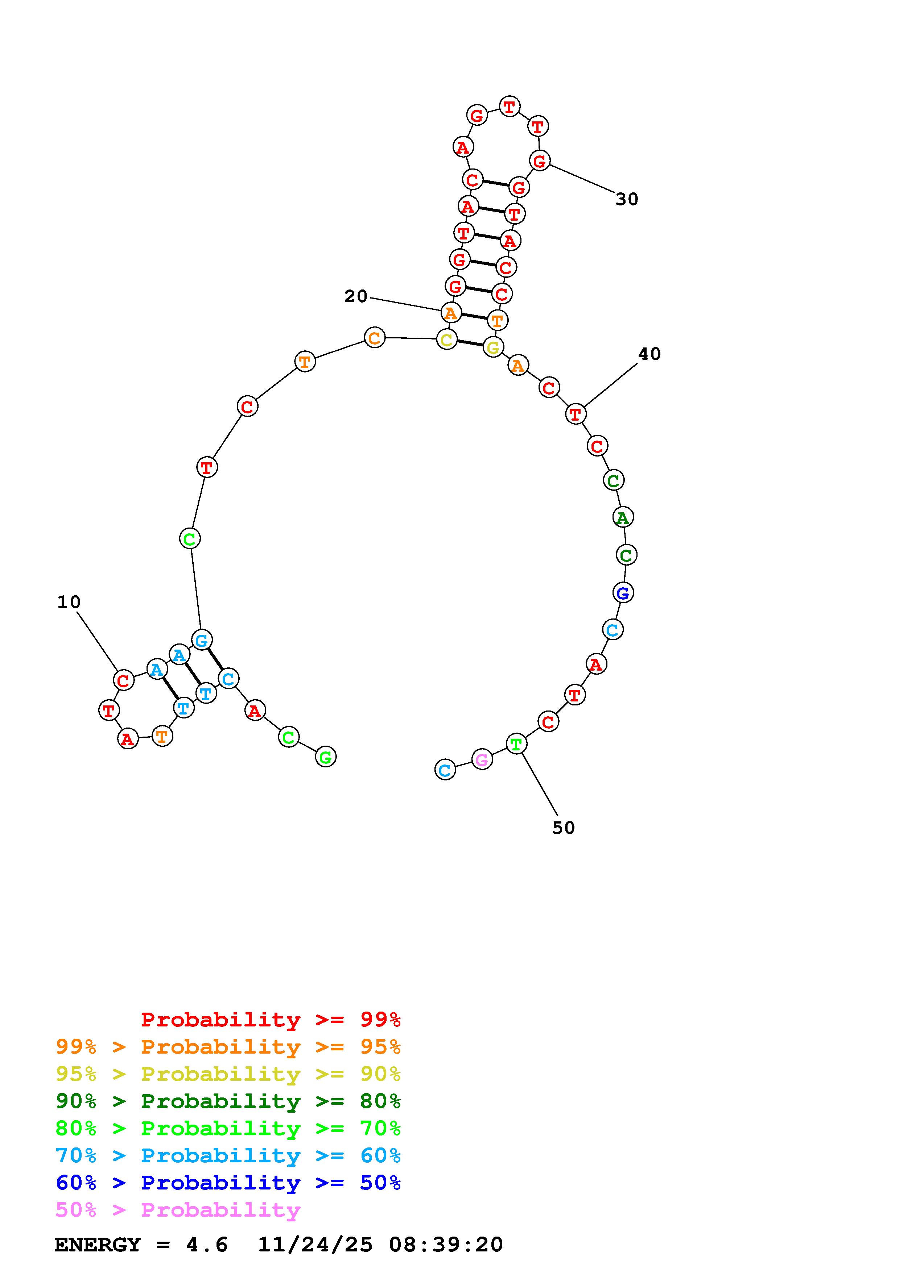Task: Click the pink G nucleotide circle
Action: (482, 759)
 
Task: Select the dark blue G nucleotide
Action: (623, 593)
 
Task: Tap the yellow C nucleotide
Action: (447, 339)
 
